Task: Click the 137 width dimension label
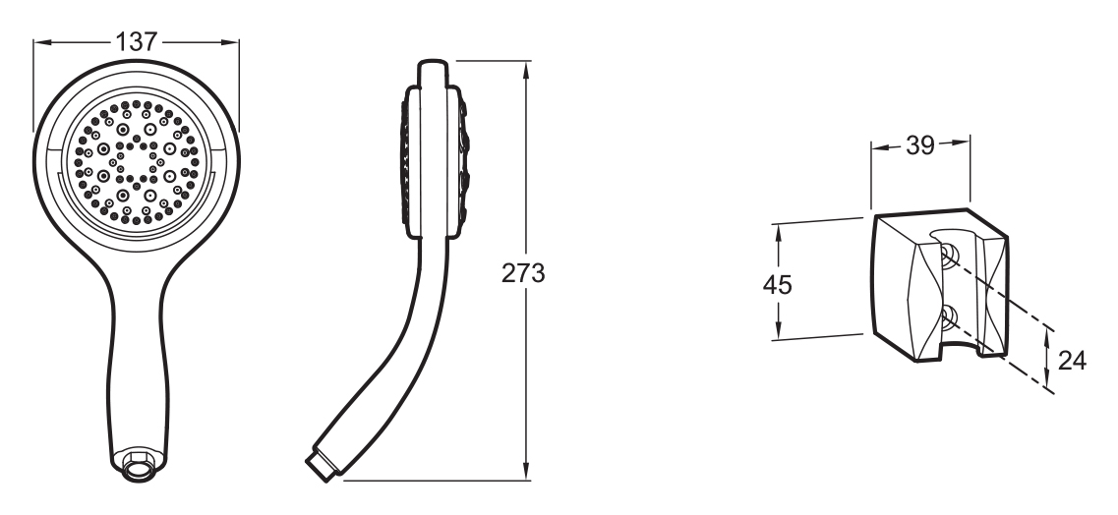click(x=136, y=42)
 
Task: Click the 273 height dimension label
click(x=523, y=273)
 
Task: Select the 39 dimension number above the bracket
click(x=919, y=145)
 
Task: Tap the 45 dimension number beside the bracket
click(x=777, y=285)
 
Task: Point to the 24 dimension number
click(x=1072, y=361)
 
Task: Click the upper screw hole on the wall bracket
click(x=948, y=256)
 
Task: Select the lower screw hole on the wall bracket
click(x=948, y=317)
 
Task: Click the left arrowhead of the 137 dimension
click(x=42, y=42)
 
